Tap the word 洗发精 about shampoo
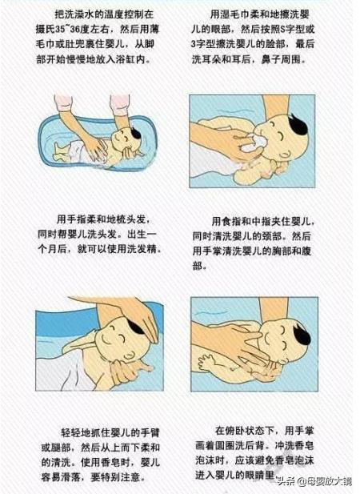coord(145,248)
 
